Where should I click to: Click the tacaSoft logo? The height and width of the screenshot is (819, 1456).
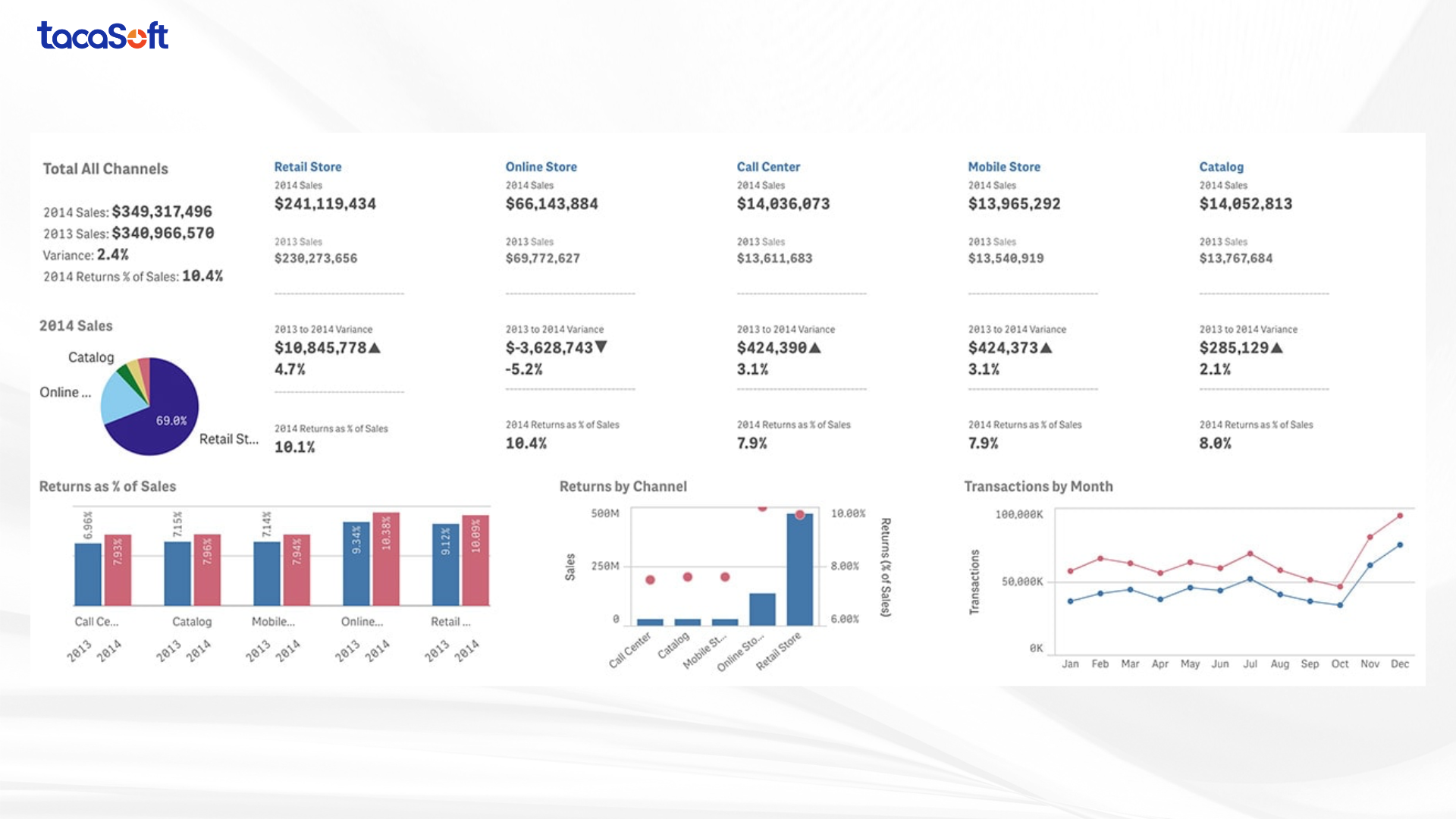point(103,36)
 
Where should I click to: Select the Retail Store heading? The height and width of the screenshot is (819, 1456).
point(308,167)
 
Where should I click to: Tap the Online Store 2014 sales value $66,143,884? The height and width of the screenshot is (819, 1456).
point(551,204)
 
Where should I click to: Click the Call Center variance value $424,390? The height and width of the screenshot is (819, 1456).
point(771,348)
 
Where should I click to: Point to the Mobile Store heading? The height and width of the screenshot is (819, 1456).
point(1003,167)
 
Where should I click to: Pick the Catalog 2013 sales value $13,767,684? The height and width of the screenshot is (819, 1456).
point(1235,259)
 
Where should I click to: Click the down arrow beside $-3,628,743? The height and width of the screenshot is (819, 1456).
point(601,347)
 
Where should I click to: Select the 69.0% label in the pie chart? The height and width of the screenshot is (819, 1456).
point(171,421)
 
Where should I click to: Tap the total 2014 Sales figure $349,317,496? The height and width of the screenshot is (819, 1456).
point(162,212)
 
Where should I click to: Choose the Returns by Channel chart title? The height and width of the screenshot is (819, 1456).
point(623,487)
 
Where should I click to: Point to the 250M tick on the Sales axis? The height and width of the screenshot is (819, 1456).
point(605,566)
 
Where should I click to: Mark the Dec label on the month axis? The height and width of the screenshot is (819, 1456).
point(1399,664)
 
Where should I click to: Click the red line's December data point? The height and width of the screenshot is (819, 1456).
point(1399,516)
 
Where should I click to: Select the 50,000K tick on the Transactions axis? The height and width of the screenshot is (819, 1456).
point(1021,582)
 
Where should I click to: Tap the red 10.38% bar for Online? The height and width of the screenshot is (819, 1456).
point(386,560)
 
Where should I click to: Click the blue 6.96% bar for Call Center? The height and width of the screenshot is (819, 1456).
point(88,574)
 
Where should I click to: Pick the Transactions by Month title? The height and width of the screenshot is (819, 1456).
point(1038,487)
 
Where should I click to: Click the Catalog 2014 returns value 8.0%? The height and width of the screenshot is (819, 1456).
point(1215,444)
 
